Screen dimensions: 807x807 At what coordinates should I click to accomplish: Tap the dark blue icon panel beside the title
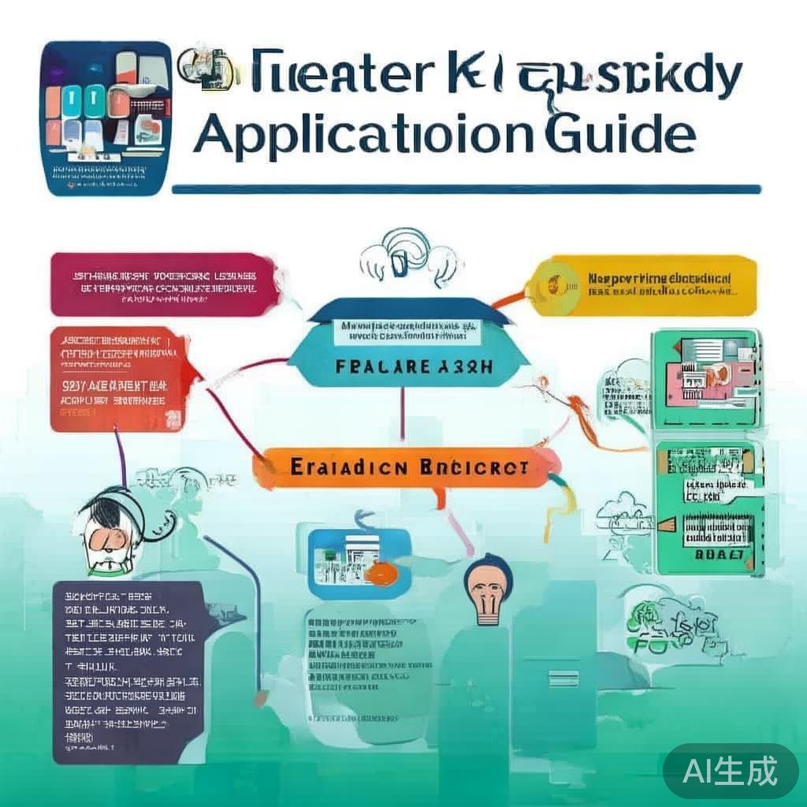[106, 118]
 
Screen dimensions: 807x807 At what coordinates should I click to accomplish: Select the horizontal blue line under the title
[466, 189]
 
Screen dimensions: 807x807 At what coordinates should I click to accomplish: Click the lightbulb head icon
[488, 588]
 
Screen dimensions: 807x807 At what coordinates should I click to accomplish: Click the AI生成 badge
[731, 771]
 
